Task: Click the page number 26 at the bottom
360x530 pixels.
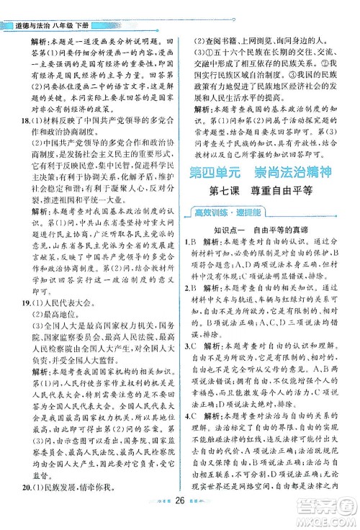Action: [180, 514]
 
